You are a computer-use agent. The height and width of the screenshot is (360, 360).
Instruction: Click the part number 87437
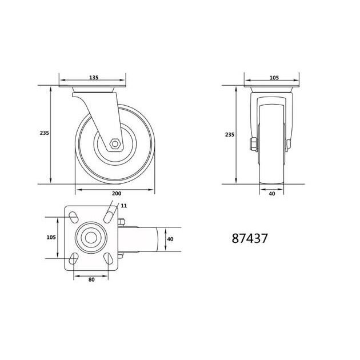pyautogui.click(x=250, y=238)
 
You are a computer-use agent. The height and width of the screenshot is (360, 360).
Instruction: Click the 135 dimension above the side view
pyautogui.click(x=94, y=77)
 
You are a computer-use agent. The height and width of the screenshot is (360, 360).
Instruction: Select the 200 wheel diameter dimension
pyautogui.click(x=117, y=194)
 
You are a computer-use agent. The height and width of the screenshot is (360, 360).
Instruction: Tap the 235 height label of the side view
pyautogui.click(x=45, y=133)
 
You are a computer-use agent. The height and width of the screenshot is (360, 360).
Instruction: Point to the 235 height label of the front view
pyautogui.click(x=230, y=134)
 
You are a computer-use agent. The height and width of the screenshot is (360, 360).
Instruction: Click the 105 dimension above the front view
pyautogui.click(x=274, y=78)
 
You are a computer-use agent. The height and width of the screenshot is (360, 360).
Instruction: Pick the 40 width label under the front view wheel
pyautogui.click(x=272, y=194)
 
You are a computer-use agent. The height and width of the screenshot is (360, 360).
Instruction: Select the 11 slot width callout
pyautogui.click(x=124, y=206)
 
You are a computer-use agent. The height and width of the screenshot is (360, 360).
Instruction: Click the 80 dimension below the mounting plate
pyautogui.click(x=91, y=279)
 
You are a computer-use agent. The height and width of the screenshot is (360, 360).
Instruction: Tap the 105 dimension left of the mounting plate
pyautogui.click(x=51, y=237)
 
